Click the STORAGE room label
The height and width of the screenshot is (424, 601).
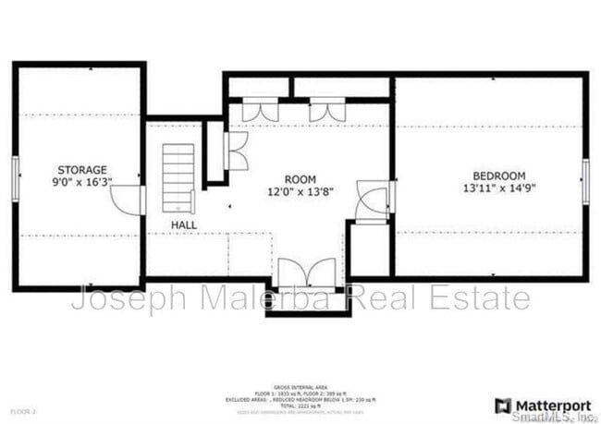click(x=82, y=170)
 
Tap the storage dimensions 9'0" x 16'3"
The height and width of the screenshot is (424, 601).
click(x=82, y=182)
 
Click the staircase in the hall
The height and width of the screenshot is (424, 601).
click(x=179, y=177)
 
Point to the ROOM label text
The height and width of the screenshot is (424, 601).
click(x=300, y=179)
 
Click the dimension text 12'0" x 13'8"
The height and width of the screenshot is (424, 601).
click(x=300, y=191)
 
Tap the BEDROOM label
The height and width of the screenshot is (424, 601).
click(x=498, y=176)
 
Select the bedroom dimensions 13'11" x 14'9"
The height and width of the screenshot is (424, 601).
click(x=498, y=188)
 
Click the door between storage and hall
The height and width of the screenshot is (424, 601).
click(x=132, y=199)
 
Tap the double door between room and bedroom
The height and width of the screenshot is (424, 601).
click(x=374, y=202)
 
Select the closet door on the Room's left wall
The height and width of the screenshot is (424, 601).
click(x=235, y=151)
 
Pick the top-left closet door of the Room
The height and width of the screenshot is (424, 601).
click(x=260, y=111)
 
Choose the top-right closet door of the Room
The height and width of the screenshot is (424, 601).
click(x=326, y=111)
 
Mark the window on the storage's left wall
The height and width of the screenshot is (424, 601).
click(x=15, y=177)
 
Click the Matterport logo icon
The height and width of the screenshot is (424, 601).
click(x=503, y=406)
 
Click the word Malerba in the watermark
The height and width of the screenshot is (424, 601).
click(x=241, y=298)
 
